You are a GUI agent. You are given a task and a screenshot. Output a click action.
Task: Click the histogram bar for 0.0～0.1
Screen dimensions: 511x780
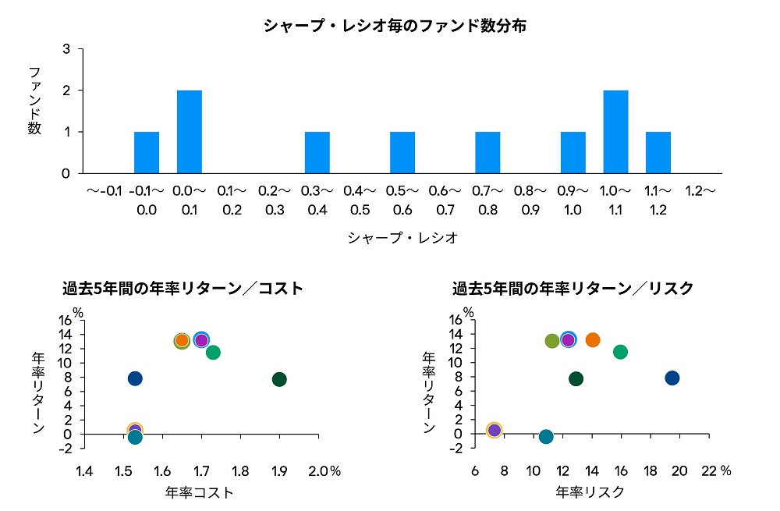point(190,132)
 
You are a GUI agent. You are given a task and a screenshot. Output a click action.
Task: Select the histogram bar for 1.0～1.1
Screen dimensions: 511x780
point(615,132)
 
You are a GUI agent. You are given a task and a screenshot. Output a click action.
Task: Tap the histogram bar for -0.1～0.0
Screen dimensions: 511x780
point(147,152)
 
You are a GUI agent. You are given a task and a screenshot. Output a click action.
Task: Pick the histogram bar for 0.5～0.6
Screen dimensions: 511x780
point(402,152)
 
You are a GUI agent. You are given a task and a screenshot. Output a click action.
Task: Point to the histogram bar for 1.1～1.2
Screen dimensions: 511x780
point(658,152)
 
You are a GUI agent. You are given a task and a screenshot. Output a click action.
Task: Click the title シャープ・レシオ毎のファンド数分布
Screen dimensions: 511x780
point(395,27)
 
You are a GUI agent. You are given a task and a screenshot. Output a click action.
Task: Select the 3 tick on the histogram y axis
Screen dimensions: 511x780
point(66,49)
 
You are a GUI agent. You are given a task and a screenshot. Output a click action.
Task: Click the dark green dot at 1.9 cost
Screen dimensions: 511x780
point(279,379)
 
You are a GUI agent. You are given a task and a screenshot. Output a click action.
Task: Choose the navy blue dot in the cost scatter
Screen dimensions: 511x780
point(135,378)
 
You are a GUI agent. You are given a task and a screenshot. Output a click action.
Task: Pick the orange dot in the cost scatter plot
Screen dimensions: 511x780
point(182,340)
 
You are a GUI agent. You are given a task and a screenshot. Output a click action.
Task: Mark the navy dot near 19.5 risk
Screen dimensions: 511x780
point(672,378)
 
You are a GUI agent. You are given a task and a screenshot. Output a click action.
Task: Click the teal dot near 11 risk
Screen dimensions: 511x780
point(546,437)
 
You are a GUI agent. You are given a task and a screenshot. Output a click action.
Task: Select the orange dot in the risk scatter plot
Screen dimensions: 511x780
point(593,340)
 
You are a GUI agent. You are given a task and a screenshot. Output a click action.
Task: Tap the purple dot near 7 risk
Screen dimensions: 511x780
point(494,430)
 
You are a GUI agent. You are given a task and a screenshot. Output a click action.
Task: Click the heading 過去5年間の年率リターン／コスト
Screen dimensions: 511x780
point(183,289)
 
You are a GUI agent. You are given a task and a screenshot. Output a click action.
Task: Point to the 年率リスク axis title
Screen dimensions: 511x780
point(590,493)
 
